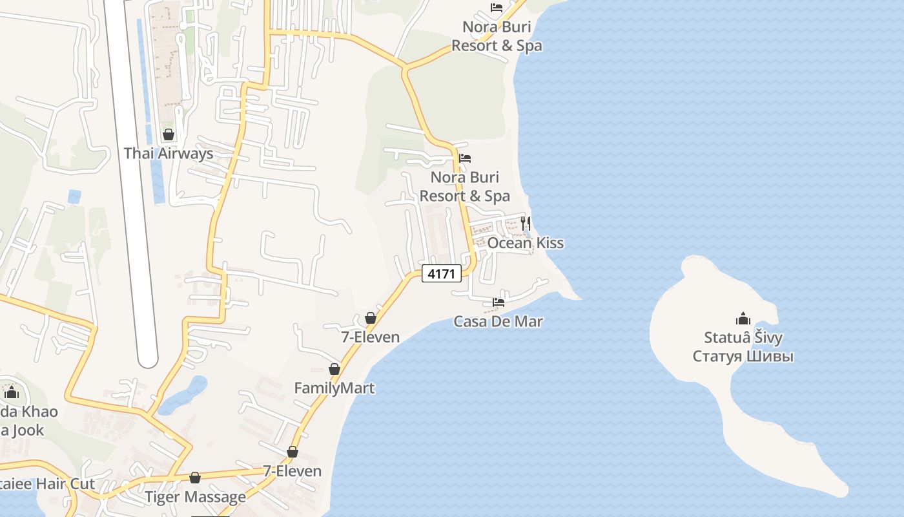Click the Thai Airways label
[168, 154]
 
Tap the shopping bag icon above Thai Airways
[169, 134]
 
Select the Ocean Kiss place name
[525, 243]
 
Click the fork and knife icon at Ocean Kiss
[526, 224]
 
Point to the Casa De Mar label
[498, 321]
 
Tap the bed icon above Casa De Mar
[498, 302]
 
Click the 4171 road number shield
[442, 274]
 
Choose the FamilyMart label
[334, 388]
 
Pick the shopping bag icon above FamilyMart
[334, 369]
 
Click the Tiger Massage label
[195, 497]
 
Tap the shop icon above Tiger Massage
[195, 478]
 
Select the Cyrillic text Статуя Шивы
[743, 356]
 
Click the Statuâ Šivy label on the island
[743, 338]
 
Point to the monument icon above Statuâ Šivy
[743, 319]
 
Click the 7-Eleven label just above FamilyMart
[370, 337]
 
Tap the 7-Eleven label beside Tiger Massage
[292, 471]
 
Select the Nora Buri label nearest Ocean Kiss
[465, 186]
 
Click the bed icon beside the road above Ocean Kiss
[465, 158]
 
